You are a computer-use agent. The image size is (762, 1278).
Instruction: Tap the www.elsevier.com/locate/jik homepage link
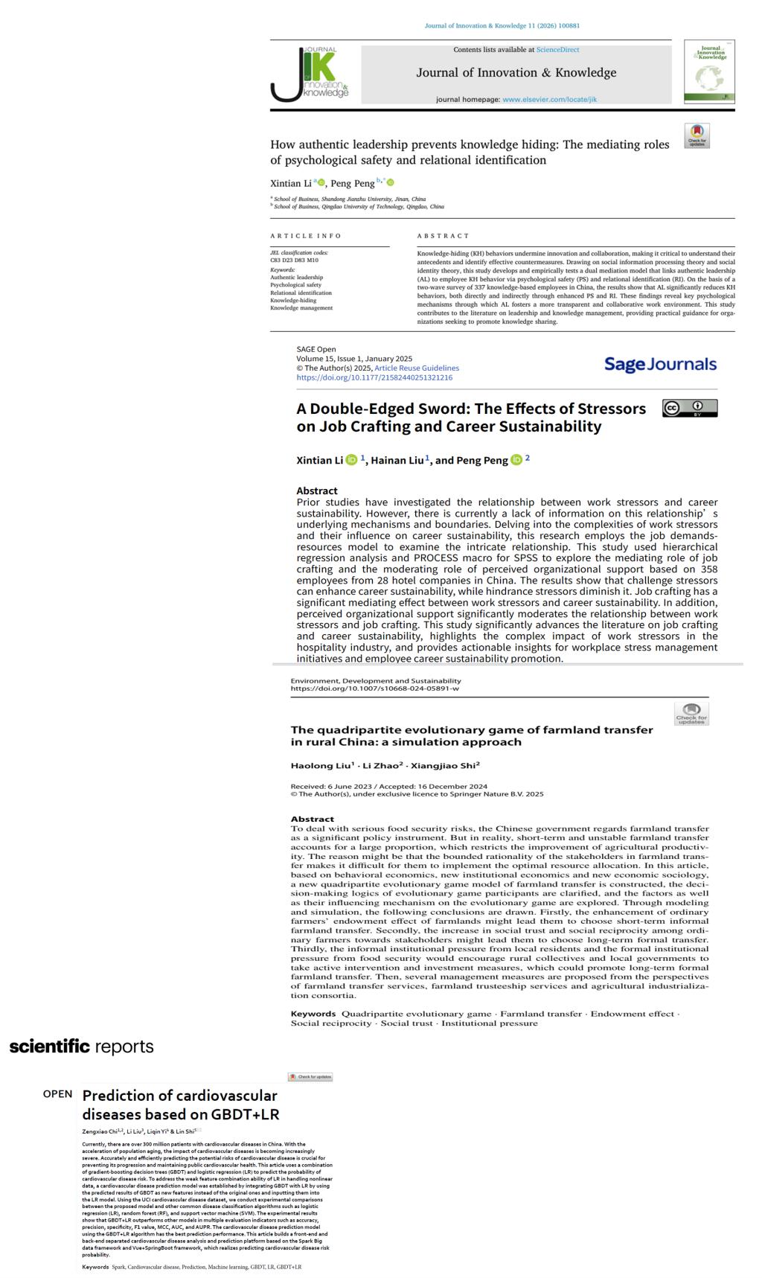549,99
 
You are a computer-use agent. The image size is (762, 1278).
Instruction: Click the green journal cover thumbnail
709,71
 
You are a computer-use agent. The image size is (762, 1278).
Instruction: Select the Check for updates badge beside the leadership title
697,136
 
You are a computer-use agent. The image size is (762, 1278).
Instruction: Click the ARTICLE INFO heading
306,236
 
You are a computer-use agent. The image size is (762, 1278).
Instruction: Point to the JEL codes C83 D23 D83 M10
294,261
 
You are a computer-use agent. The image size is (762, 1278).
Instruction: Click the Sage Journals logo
660,364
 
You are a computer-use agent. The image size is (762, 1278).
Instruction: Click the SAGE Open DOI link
374,377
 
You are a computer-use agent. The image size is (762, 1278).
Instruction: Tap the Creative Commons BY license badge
690,408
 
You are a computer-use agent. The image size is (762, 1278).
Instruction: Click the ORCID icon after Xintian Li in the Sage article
351,460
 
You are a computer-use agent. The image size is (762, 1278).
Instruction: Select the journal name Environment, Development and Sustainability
376,680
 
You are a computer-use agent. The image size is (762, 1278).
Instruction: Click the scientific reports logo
82,1047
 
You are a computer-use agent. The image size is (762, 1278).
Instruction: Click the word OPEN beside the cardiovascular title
58,1093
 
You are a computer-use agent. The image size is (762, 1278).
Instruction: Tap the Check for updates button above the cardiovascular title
310,1077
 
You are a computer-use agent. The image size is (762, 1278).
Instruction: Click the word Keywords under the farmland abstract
313,1014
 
